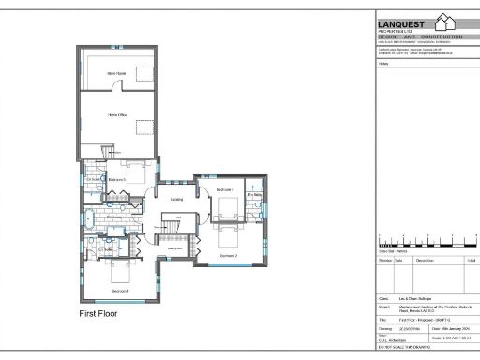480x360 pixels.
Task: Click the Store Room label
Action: [x=117, y=72]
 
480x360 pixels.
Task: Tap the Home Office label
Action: [x=117, y=115]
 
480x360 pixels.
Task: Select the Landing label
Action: [x=176, y=200]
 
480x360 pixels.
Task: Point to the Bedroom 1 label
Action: [x=224, y=189]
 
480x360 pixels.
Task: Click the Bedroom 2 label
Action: [x=229, y=255]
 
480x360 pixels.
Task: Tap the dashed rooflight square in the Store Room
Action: [x=143, y=73]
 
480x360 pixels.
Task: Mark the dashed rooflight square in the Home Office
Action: [x=143, y=127]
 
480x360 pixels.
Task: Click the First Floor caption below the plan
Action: [x=100, y=313]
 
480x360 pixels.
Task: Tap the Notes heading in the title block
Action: [x=382, y=65]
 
